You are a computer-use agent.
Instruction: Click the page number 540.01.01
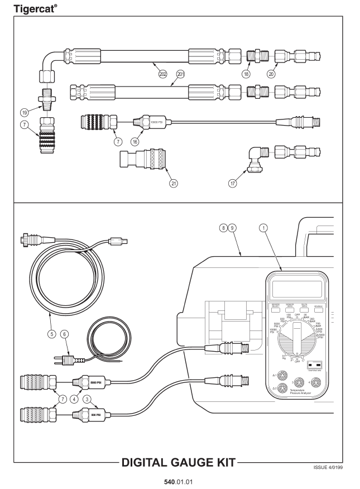point(180,481)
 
